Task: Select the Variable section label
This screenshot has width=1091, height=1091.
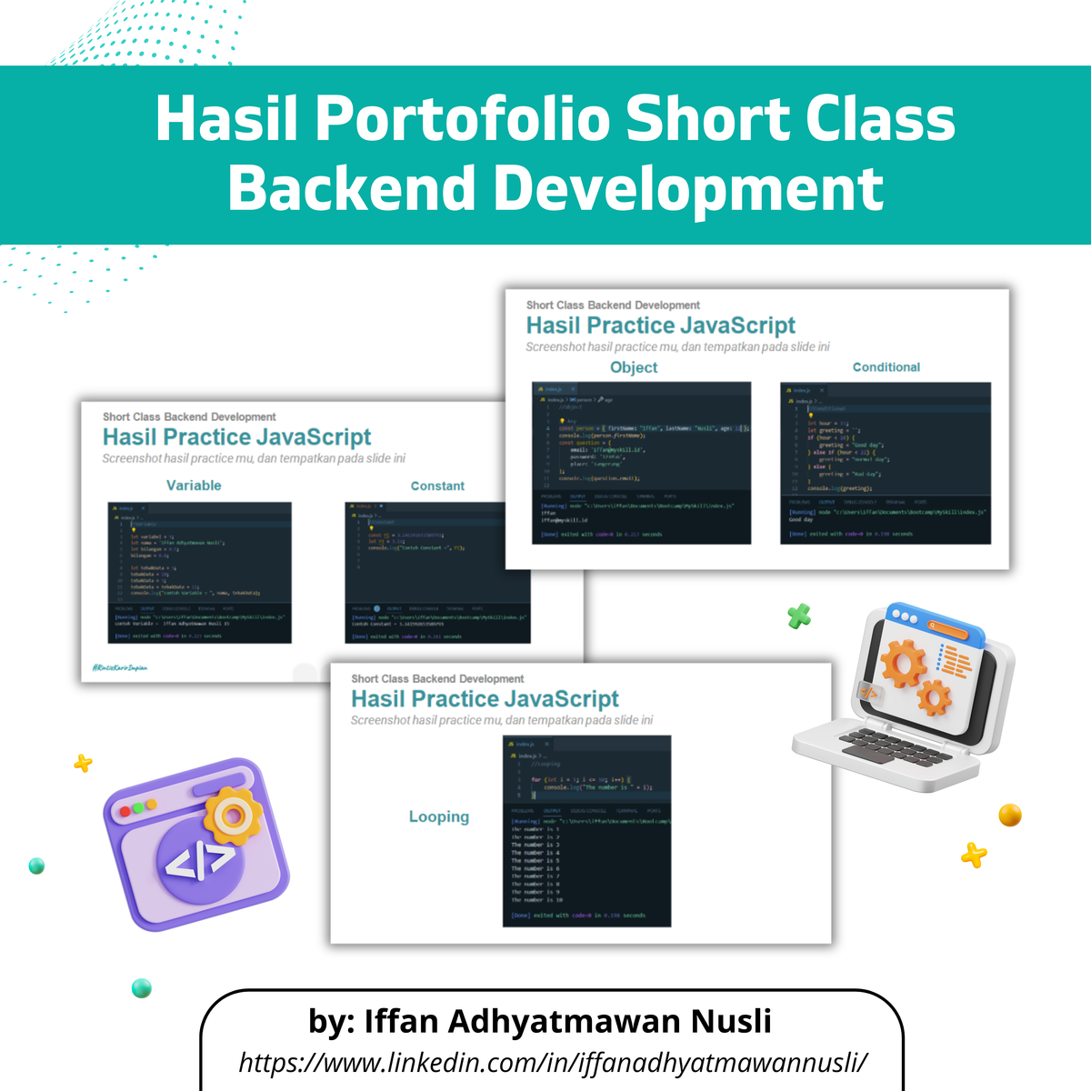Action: (x=194, y=485)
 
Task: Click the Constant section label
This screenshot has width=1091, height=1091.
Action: (x=437, y=486)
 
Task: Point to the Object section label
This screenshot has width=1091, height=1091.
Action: (x=634, y=367)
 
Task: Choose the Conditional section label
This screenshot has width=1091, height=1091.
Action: (x=886, y=367)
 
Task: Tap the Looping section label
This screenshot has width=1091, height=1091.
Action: (x=439, y=816)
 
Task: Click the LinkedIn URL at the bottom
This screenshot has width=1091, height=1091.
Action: (x=553, y=1062)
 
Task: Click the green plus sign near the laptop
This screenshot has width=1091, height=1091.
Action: (x=799, y=617)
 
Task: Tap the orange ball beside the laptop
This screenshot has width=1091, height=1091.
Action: (x=1010, y=815)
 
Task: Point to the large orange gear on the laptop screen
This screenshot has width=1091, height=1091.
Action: (x=902, y=664)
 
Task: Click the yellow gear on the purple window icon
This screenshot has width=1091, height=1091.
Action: (x=234, y=816)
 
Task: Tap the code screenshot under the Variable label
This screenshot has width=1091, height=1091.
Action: (x=199, y=573)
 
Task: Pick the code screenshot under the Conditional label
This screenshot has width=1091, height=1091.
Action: (x=885, y=464)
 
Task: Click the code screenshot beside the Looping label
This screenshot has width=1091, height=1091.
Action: (x=586, y=831)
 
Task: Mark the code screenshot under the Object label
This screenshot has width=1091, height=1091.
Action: (x=641, y=463)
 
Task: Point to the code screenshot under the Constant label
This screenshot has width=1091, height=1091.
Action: (x=437, y=573)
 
